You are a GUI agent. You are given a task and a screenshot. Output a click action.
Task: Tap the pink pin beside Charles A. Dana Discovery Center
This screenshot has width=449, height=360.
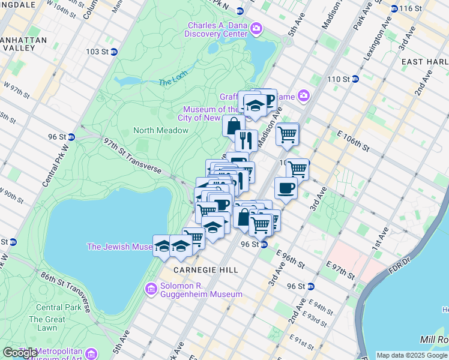pyautogui.click(x=256, y=28)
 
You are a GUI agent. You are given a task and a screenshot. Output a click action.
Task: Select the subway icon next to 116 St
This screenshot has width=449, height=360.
pyautogui.click(x=394, y=8)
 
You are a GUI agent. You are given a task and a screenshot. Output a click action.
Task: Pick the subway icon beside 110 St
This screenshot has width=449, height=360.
pyautogui.click(x=355, y=79)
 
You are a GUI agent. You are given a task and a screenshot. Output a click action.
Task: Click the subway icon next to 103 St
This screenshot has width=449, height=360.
pyautogui.click(x=113, y=52)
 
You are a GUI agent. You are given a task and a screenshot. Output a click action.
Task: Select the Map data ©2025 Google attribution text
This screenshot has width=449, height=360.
pyautogui.click(x=412, y=355)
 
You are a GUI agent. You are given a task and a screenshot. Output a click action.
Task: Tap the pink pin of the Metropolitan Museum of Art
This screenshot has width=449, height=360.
pyautogui.click(x=91, y=352)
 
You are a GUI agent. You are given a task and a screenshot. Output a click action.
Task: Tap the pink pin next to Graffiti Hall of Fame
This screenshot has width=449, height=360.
pyautogui.click(x=304, y=95)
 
